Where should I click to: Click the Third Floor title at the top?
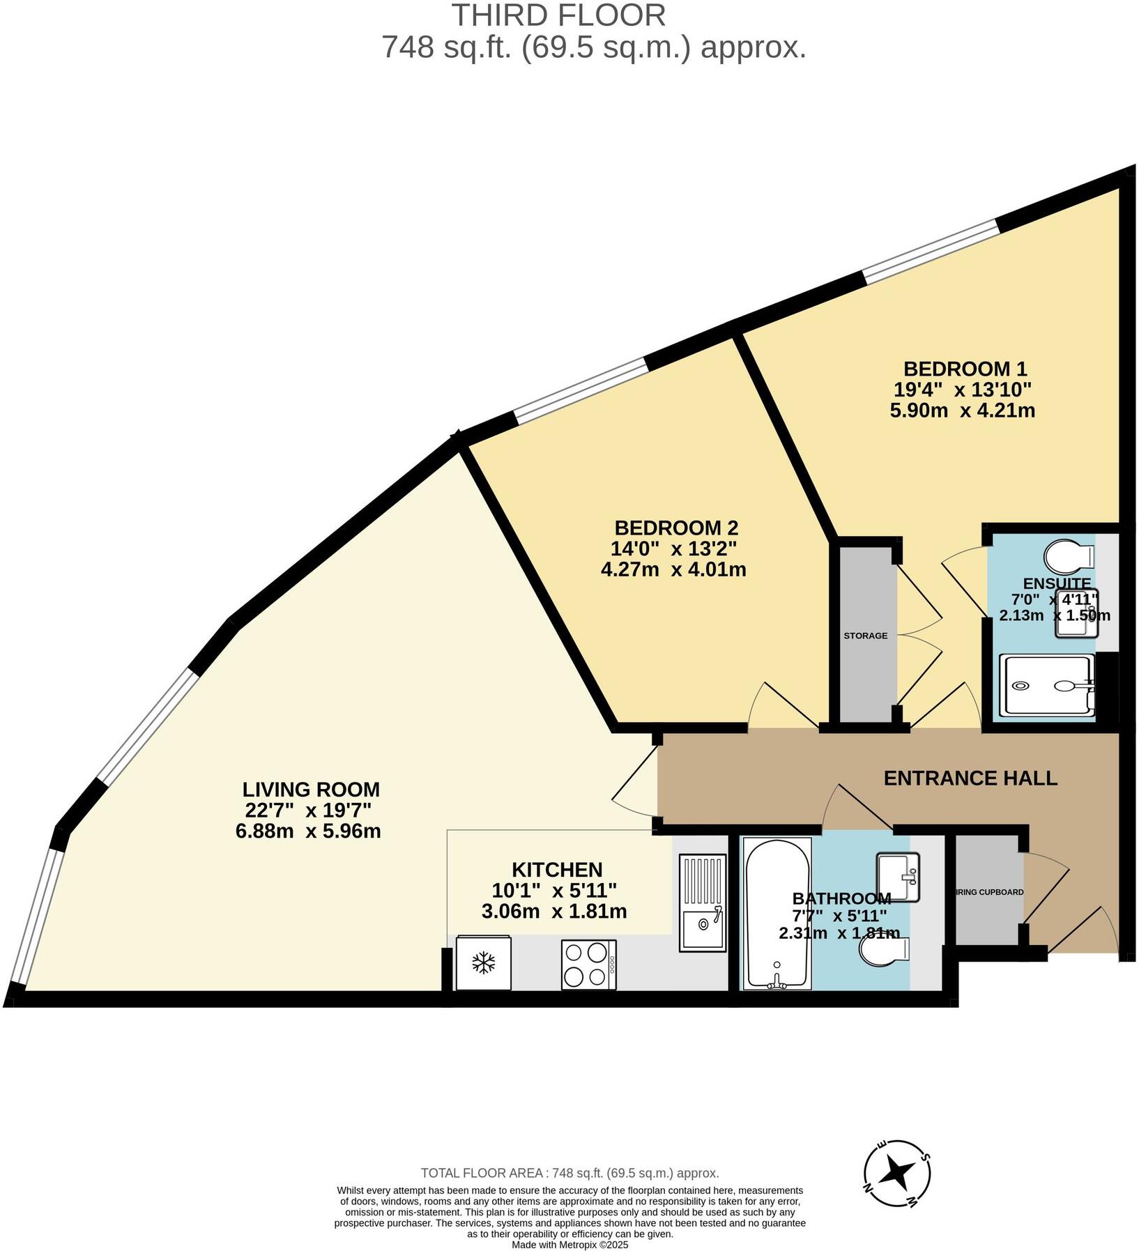(558, 15)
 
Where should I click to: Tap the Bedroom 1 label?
(965, 369)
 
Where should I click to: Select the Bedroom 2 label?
(675, 528)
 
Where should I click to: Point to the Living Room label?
(311, 790)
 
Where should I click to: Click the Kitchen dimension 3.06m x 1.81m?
(554, 911)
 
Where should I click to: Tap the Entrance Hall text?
(970, 778)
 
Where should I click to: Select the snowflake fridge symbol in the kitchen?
(483, 963)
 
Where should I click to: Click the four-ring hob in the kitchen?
(588, 964)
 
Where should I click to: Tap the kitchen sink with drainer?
(703, 903)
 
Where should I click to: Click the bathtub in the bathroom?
(777, 913)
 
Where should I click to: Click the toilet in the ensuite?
(1069, 556)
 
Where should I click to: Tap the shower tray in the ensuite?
(1046, 686)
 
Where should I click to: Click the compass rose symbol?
(896, 1173)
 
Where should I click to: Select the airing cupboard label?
(989, 892)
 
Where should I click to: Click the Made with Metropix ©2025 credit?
(569, 1244)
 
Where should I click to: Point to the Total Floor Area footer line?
(569, 1174)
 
